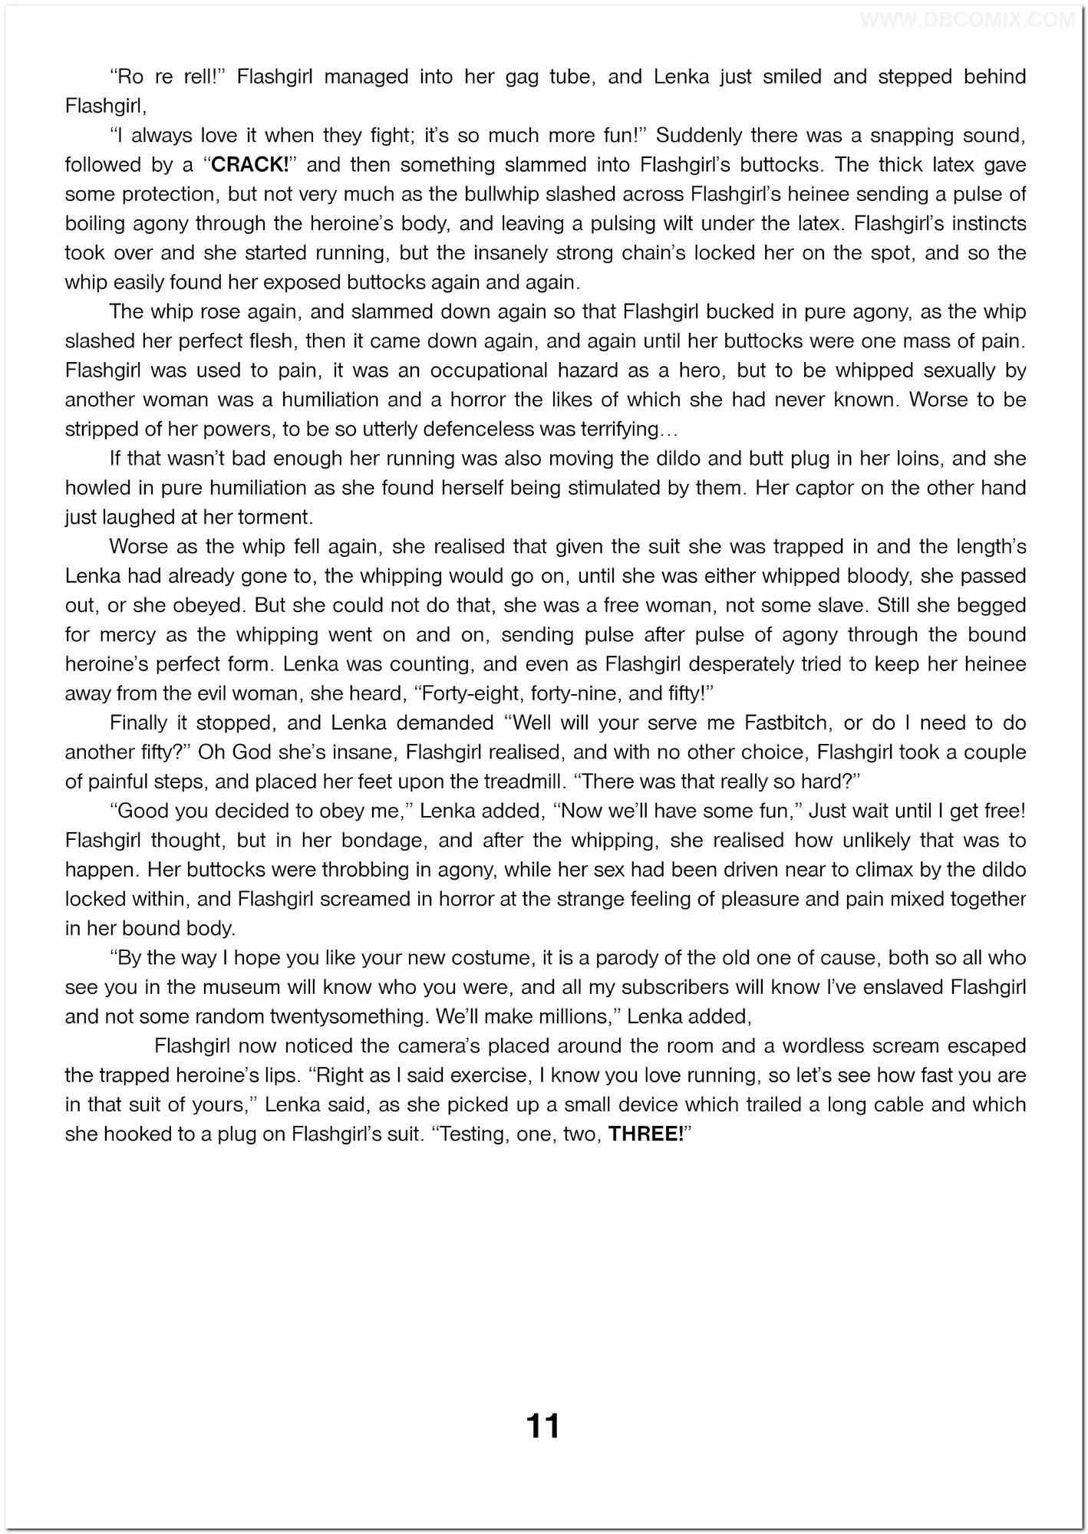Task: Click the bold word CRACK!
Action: tap(249, 165)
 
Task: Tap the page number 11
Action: tap(543, 1427)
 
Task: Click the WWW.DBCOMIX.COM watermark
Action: tap(967, 21)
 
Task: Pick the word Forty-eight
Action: tap(465, 693)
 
